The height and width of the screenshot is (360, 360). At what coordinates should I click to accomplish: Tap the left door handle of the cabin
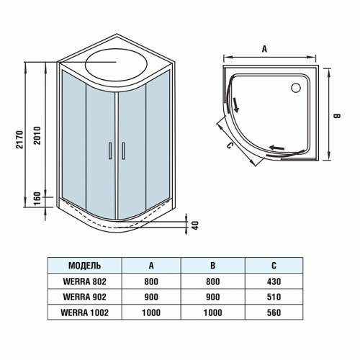click(110, 150)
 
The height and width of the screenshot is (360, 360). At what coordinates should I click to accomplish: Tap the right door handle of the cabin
click(124, 150)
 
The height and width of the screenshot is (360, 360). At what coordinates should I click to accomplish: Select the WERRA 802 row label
click(84, 282)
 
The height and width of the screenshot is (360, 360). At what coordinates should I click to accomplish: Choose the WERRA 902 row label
click(84, 297)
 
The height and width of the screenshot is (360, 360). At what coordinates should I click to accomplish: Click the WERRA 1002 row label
click(84, 313)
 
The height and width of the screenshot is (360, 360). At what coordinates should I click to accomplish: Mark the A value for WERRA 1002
click(150, 313)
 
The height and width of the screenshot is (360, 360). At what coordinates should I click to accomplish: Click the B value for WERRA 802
click(213, 282)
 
